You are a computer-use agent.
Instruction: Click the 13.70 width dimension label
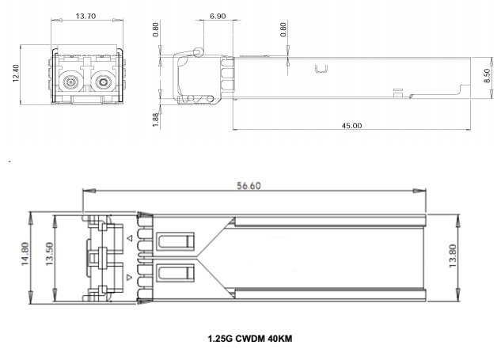coord(85,16)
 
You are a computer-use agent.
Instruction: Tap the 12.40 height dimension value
coord(16,73)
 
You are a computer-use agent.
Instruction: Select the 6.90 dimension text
coord(218,16)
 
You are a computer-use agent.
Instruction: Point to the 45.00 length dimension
coord(351,126)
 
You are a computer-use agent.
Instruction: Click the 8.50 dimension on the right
coord(487,75)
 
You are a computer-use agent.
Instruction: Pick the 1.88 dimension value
coord(156,119)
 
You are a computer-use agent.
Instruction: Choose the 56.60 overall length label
coord(249,186)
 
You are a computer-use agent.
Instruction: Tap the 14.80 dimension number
coord(25,254)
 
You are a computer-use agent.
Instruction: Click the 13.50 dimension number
coord(49,254)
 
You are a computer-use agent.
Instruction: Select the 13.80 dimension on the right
coord(453,256)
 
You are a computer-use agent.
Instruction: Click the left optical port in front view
coord(70,82)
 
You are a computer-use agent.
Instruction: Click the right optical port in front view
coord(103,82)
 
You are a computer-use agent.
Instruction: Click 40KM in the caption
coord(280,339)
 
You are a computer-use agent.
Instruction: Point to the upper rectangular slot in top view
coord(176,241)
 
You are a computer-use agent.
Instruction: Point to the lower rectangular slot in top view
coord(176,273)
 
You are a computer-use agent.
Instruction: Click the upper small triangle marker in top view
coord(129,238)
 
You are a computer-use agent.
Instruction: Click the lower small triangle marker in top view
coord(129,277)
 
